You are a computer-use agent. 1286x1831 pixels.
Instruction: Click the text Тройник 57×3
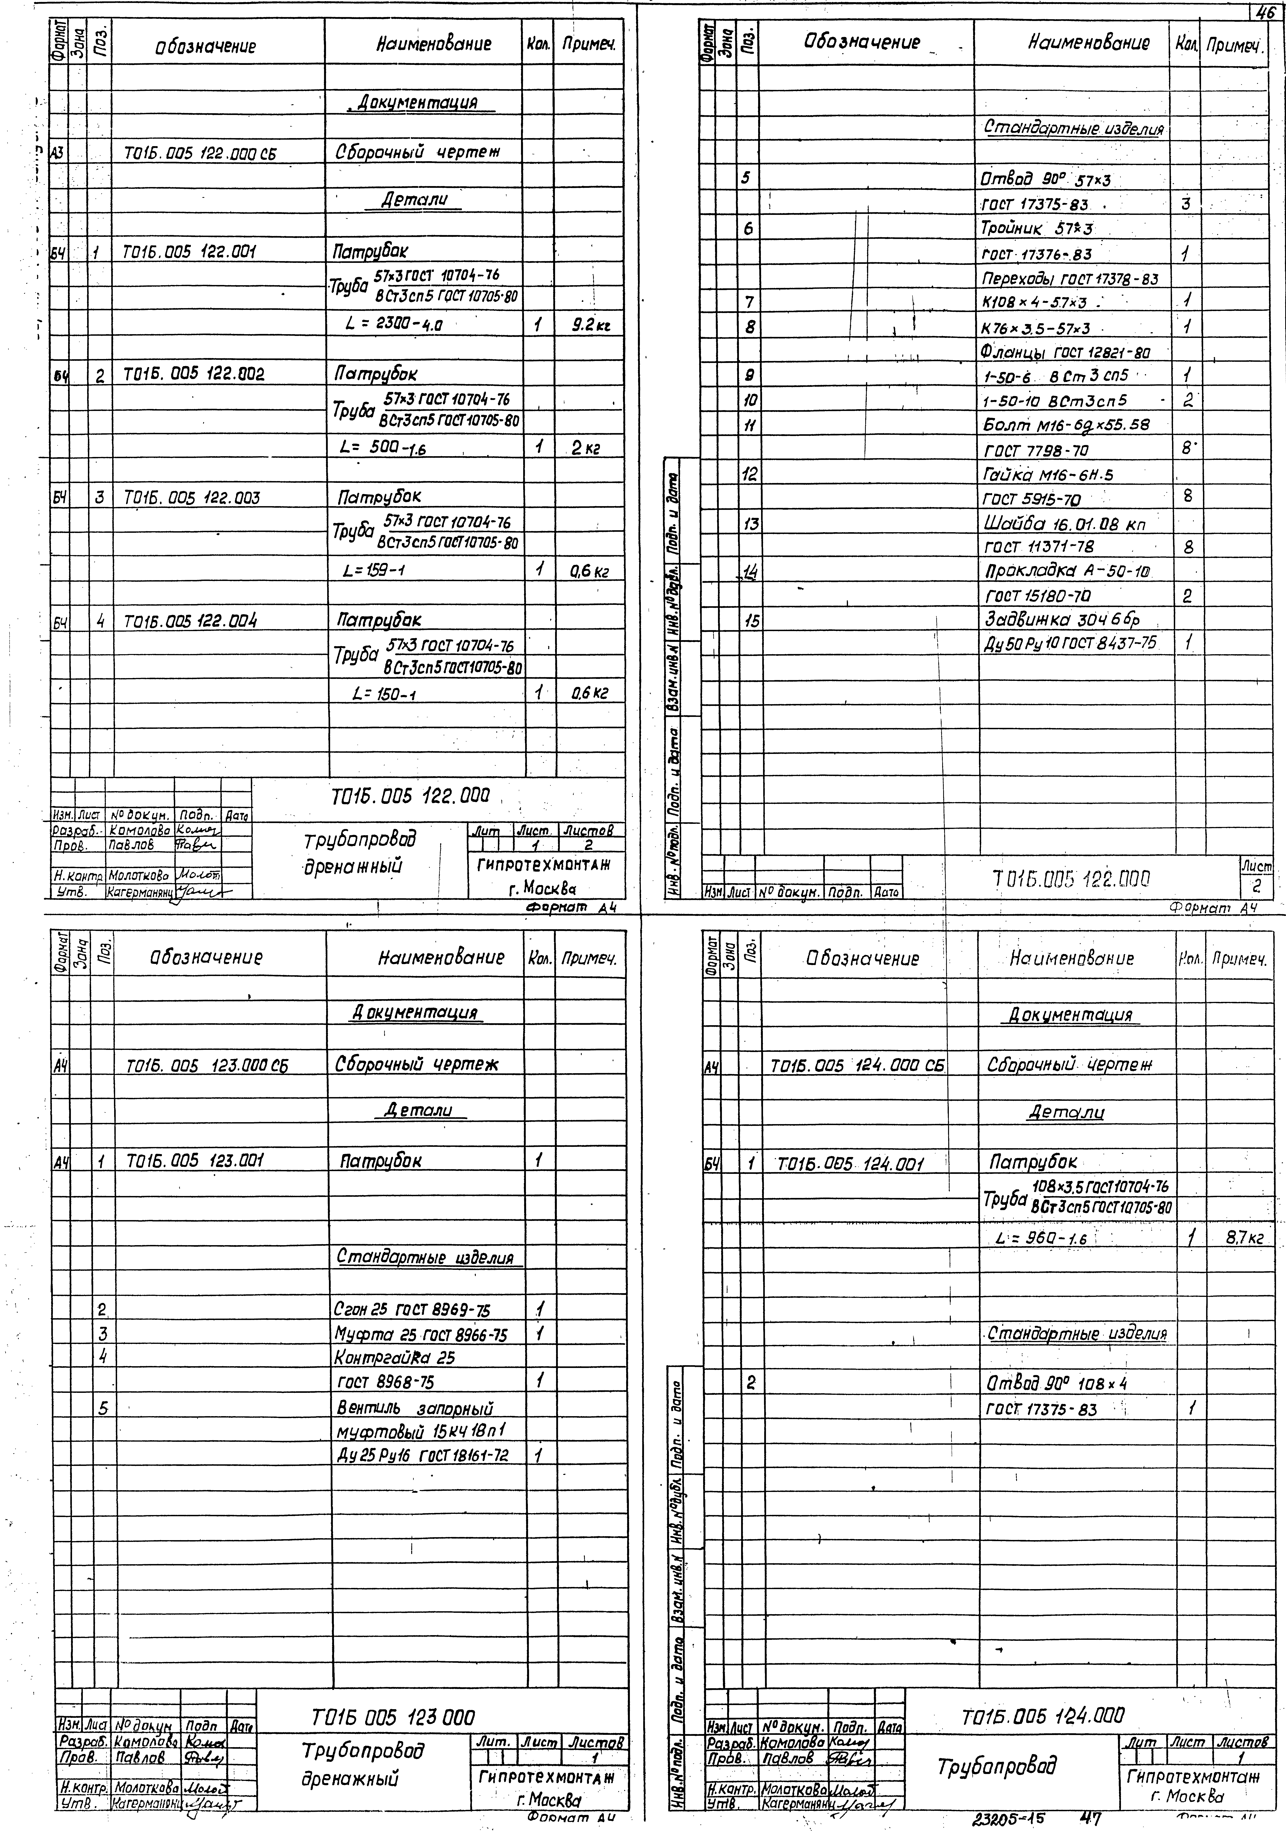point(1036,229)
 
